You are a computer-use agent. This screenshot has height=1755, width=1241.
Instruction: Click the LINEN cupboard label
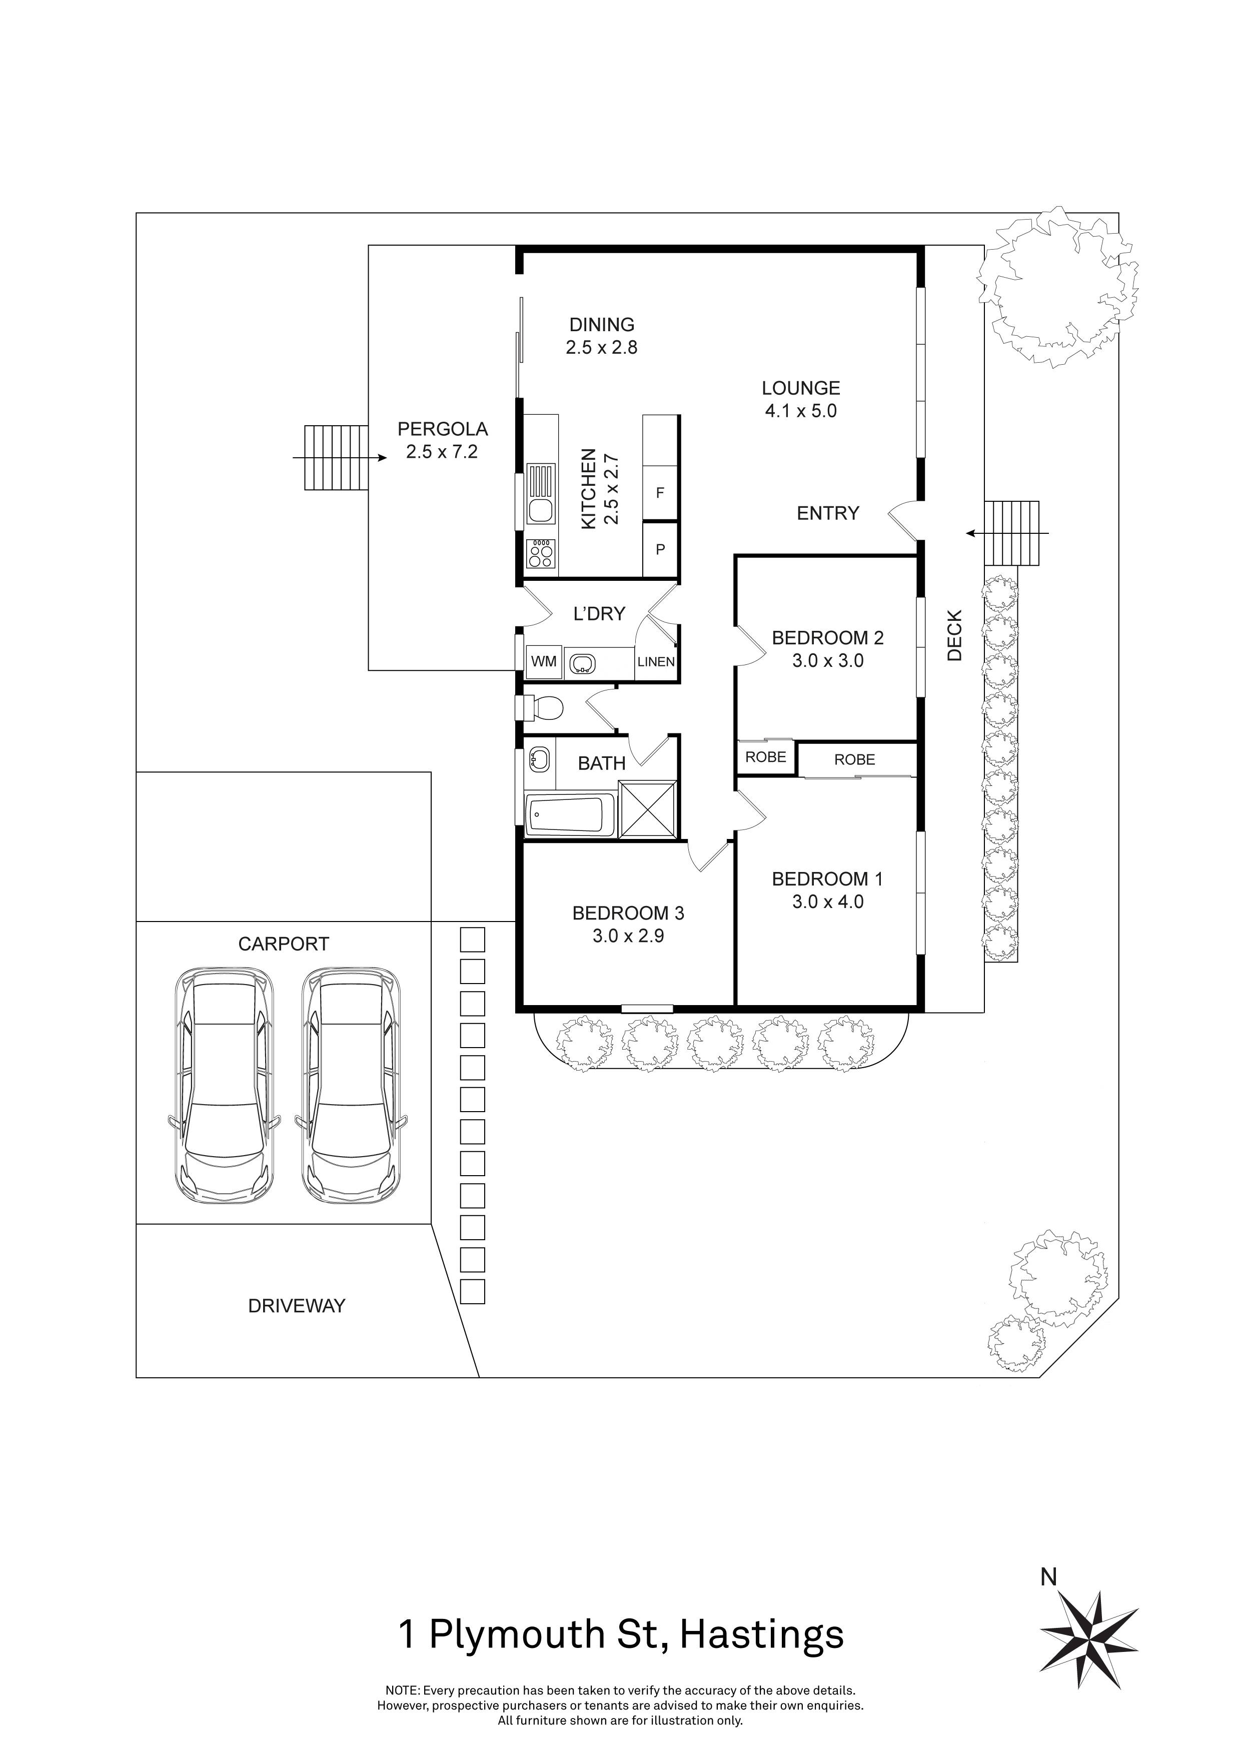(656, 662)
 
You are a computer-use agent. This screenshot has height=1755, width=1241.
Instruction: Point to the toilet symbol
(545, 708)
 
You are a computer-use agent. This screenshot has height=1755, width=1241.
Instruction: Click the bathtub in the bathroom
(570, 815)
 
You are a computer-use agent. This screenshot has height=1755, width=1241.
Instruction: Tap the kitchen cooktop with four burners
(541, 553)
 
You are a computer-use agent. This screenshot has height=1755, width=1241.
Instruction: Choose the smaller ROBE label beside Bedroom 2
(766, 757)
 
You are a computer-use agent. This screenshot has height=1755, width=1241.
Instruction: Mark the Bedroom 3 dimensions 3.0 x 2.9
(628, 936)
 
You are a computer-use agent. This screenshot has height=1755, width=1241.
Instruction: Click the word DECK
(954, 635)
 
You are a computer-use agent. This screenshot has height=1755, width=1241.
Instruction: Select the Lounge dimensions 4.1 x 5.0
(800, 411)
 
